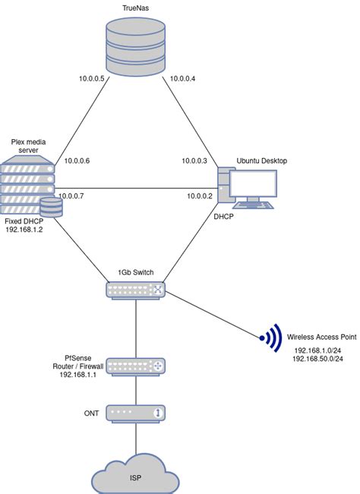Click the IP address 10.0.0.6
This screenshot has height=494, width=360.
[77, 160]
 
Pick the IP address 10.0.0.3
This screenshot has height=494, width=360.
[194, 160]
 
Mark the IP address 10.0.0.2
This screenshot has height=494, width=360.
[201, 196]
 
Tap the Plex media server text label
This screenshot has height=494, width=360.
[29, 146]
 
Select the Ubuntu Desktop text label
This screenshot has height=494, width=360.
[262, 160]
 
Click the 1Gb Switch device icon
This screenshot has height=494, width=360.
[135, 289]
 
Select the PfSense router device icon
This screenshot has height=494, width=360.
[135, 366]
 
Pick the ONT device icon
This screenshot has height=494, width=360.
[135, 413]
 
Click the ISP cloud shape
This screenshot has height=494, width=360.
[135, 477]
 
